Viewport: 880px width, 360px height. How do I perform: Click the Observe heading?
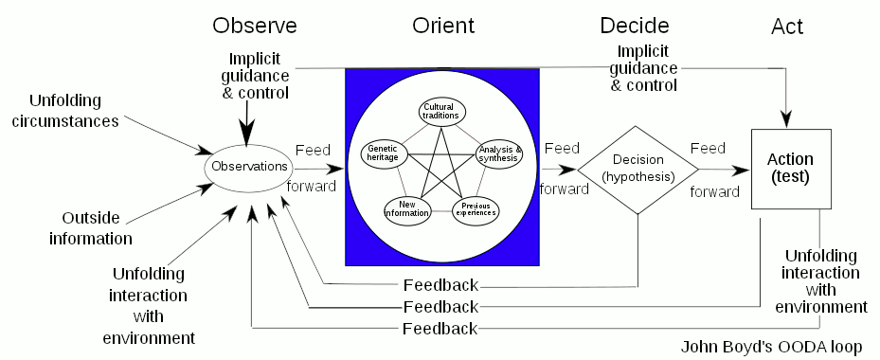pos(254,26)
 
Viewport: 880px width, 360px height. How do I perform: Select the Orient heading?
pos(442,26)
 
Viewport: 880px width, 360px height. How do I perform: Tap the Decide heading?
pos(635,26)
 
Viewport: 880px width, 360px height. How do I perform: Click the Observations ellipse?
pos(249,167)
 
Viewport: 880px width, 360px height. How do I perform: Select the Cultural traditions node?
pos(440,111)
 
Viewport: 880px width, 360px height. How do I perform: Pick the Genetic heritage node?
pos(385,153)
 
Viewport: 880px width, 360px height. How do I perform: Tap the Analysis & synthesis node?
pos(498,153)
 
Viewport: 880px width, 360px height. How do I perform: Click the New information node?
pos(406,207)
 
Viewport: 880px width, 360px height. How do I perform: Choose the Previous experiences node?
pos(475,207)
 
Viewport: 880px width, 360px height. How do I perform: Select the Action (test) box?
pos(791,169)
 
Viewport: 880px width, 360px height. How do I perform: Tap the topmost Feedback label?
pos(440,284)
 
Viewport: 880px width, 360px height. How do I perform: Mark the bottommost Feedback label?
pos(440,329)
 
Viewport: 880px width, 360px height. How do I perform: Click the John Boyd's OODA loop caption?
pos(771,348)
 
